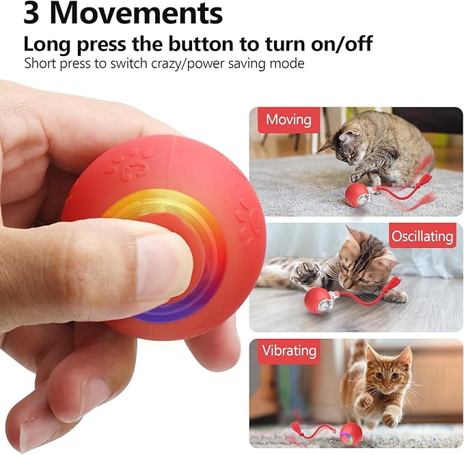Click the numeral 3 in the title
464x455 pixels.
(34, 14)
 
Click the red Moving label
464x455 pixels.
(288, 120)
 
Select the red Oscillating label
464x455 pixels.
(422, 236)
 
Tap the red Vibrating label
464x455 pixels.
(290, 351)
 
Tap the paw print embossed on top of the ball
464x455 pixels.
(131, 163)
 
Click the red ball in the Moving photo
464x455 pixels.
(356, 195)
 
